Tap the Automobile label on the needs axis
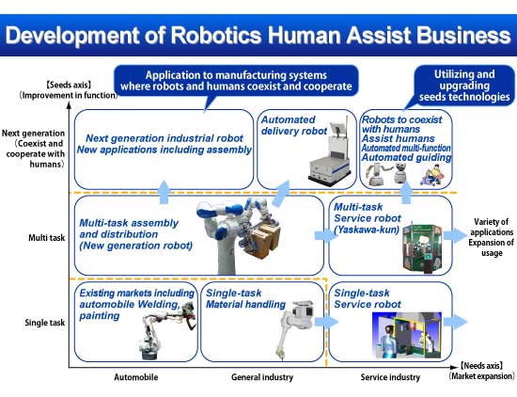pyautogui.click(x=136, y=377)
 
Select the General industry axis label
pyautogui.click(x=262, y=377)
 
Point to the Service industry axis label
pyautogui.click(x=390, y=377)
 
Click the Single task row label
pyautogui.click(x=45, y=323)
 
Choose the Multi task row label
pyautogui.click(x=46, y=238)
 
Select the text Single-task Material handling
pyautogui.click(x=245, y=298)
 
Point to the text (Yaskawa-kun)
pyautogui.click(x=367, y=230)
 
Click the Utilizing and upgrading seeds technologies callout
pyautogui.click(x=464, y=86)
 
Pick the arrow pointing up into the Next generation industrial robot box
pyautogui.click(x=164, y=192)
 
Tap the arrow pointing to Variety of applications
pyautogui.click(x=455, y=235)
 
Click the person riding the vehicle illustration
pyautogui.click(x=432, y=175)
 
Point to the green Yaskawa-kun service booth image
pyautogui.click(x=422, y=249)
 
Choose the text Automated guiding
pyautogui.click(x=406, y=157)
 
